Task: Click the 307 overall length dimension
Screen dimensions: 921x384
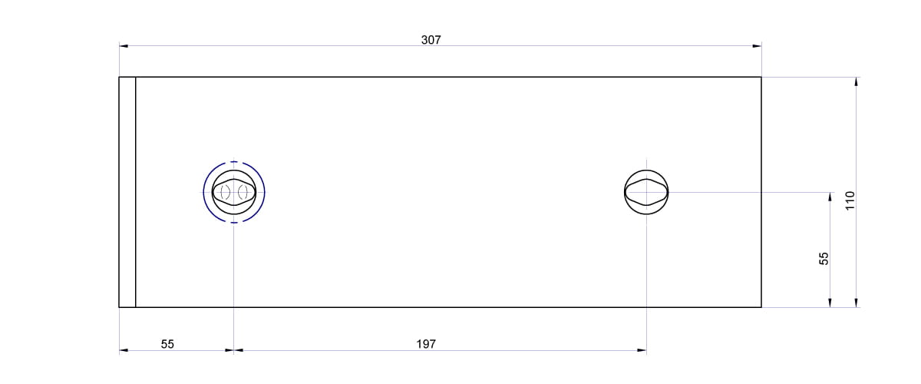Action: [x=431, y=40]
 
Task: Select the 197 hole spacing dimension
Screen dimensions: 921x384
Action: [x=426, y=344]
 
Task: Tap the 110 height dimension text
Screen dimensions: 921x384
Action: [x=850, y=200]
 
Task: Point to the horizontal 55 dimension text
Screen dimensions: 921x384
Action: [x=167, y=344]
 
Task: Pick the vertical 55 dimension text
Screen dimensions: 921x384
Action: [x=824, y=259]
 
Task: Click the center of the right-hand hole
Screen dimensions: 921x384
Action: [x=646, y=192]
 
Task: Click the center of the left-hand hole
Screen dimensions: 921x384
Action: [x=234, y=192]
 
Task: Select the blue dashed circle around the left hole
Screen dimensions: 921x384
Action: [x=203, y=192]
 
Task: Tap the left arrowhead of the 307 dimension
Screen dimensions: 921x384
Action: [x=124, y=45]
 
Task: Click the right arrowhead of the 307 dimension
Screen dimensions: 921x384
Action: [x=757, y=45]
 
